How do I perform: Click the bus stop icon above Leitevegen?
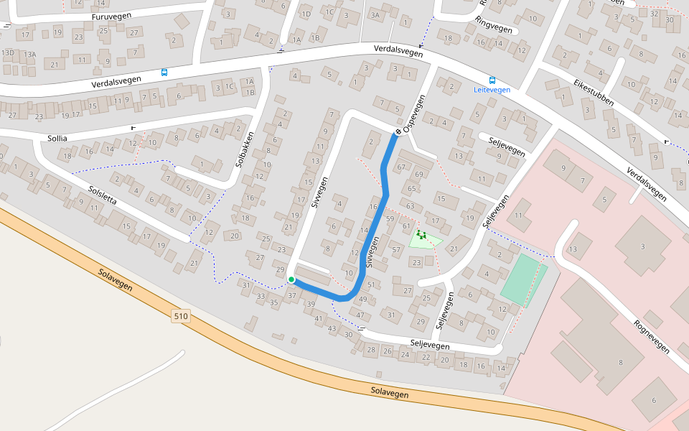pyautogui.click(x=492, y=80)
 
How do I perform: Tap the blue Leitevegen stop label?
pyautogui.click(x=492, y=90)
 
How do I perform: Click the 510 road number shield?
pyautogui.click(x=181, y=315)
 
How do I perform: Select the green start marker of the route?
pyautogui.click(x=291, y=279)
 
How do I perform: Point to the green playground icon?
pyautogui.click(x=421, y=234)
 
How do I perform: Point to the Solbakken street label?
pyautogui.click(x=245, y=149)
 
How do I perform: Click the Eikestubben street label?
pyautogui.click(x=594, y=93)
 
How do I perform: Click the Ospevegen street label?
pyautogui.click(x=415, y=113)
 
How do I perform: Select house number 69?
pyautogui.click(x=419, y=175)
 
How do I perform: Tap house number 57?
pyautogui.click(x=395, y=249)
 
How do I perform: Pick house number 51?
pyautogui.click(x=371, y=285)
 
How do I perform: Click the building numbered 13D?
pyautogui.click(x=8, y=53)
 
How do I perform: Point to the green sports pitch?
pyautogui.click(x=522, y=280)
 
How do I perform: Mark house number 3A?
pyautogui.click(x=375, y=14)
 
